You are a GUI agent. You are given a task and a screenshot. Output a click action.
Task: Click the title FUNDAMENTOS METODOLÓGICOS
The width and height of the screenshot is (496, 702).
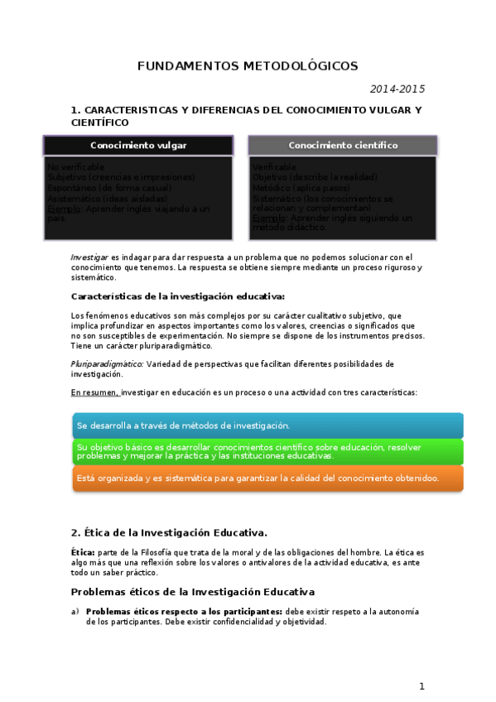pyautogui.click(x=248, y=65)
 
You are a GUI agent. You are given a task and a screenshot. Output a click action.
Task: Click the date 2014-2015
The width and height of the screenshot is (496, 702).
pyautogui.click(x=397, y=89)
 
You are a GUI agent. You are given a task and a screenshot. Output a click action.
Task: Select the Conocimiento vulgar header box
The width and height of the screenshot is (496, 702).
pyautogui.click(x=138, y=145)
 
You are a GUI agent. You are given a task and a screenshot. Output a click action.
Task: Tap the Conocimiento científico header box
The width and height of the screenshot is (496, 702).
pyautogui.click(x=343, y=145)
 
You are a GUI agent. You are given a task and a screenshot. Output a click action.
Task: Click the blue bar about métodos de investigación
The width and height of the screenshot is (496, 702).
pyautogui.click(x=267, y=425)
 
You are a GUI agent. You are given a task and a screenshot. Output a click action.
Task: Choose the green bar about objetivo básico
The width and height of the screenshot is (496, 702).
pyautogui.click(x=267, y=451)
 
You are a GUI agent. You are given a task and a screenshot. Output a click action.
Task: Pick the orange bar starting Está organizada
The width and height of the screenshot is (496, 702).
pyautogui.click(x=267, y=478)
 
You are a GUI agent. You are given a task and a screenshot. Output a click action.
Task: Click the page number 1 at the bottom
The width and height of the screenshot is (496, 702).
pyautogui.click(x=421, y=685)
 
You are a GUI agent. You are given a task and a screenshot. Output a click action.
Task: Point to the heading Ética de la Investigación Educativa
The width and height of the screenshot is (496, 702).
pyautogui.click(x=175, y=532)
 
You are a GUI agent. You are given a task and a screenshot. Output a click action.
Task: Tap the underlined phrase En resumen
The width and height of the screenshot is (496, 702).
pyautogui.click(x=94, y=392)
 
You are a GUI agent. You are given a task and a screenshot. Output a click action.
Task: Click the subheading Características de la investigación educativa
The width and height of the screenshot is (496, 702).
pyautogui.click(x=178, y=296)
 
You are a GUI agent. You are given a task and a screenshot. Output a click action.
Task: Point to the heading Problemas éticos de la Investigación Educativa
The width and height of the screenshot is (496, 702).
pyautogui.click(x=192, y=592)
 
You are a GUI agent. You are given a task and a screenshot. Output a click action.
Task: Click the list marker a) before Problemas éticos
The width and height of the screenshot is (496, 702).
pyautogui.click(x=75, y=612)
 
